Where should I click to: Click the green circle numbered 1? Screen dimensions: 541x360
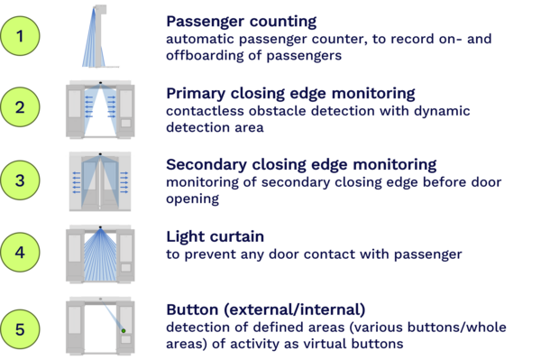20,36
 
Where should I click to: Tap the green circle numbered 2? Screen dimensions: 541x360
20,107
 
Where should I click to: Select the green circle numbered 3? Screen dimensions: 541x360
20,180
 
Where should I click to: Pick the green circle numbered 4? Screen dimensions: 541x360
20,253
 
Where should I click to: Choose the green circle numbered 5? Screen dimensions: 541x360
20,329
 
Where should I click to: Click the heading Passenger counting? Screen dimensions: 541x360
241,22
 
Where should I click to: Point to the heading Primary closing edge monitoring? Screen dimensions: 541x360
290,94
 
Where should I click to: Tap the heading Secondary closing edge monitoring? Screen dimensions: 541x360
301,165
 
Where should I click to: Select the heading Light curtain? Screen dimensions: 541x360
215,236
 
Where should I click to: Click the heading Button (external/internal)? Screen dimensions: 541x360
266,309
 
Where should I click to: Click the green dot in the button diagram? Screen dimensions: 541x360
124,330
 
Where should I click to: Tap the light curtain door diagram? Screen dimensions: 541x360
100,254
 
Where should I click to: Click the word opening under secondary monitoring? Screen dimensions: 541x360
193,199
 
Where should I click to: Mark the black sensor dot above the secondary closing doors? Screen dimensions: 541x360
100,154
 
